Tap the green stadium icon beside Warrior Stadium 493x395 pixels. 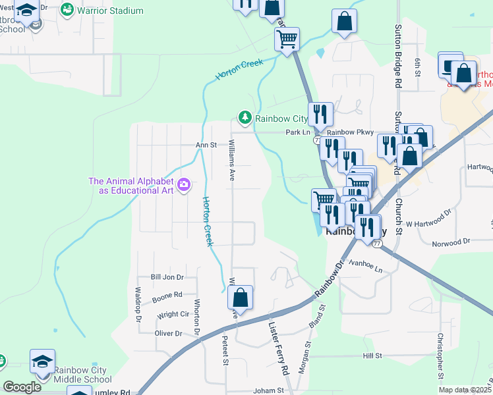(67, 11)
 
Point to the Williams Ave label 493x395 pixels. (231, 164)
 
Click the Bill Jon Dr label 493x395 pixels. (165, 278)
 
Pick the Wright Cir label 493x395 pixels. (172, 315)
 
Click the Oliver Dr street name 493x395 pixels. (168, 334)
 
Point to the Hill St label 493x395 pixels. (372, 355)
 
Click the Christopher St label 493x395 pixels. (440, 355)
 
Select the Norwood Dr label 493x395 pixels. (451, 243)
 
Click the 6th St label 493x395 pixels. (418, 66)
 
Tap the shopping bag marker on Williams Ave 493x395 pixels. (241, 298)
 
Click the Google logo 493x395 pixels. (22, 387)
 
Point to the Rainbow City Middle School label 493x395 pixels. (83, 374)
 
